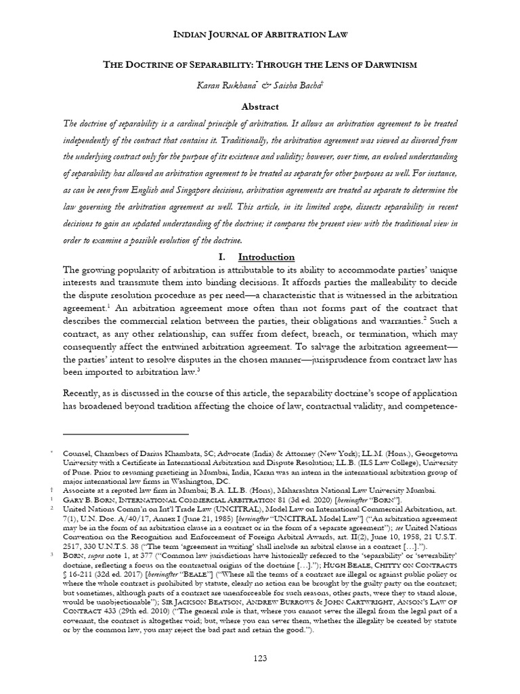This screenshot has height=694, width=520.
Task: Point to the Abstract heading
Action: pos(260,106)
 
